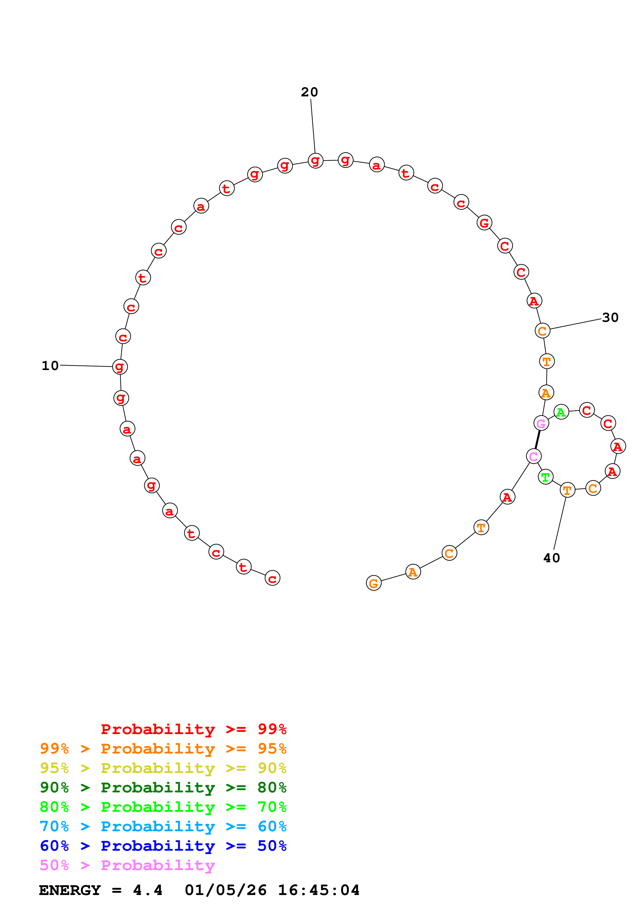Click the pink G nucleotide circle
541,423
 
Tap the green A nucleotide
561,412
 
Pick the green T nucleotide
545,477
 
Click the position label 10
50,365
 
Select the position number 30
610,317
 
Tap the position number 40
551,558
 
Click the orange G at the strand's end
374,583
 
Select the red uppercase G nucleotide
484,223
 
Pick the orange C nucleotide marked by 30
542,331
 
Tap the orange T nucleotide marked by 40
567,490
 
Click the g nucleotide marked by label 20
315,161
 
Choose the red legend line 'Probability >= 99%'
193,729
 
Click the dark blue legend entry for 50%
163,846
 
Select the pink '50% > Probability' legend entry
127,865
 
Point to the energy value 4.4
147,890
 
